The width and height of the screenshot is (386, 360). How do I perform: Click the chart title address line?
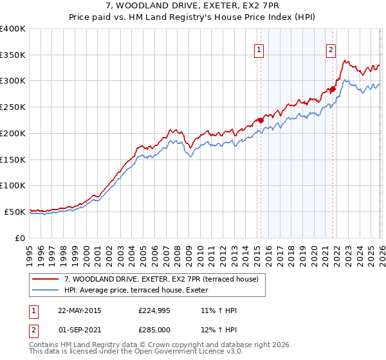(x=193, y=7)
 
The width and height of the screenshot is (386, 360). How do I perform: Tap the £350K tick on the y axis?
(x=13, y=55)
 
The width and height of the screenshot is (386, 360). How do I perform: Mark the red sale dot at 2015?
(x=261, y=120)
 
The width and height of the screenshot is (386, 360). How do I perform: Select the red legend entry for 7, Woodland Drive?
(x=161, y=279)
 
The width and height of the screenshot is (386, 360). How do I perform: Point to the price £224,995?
(x=154, y=310)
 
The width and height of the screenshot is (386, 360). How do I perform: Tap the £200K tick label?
(x=13, y=133)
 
